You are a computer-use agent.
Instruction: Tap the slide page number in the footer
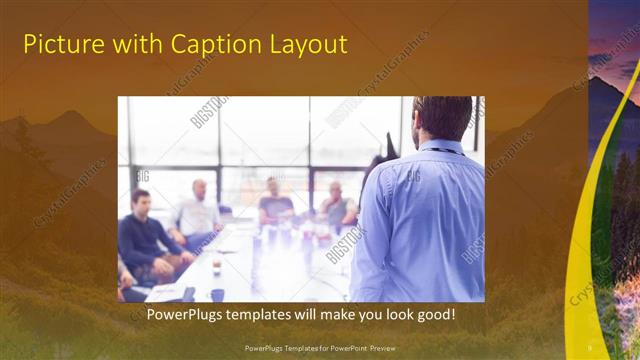coord(590,348)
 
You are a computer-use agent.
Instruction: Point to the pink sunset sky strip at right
coord(614,40)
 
